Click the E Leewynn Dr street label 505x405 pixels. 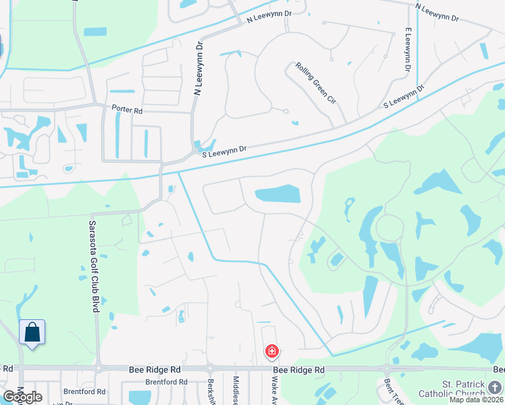[x=408, y=51]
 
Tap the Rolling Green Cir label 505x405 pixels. [x=315, y=82]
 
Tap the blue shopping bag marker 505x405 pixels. [x=32, y=332]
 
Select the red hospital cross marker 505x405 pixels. [x=271, y=352]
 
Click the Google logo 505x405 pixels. [x=22, y=397]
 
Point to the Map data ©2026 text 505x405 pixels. [x=475, y=399]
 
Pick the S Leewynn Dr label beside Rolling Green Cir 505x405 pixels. [x=404, y=97]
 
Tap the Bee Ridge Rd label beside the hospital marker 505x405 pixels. [x=298, y=370]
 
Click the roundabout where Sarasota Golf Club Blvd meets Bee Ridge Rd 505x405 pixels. [x=99, y=369]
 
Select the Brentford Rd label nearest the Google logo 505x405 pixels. [x=84, y=391]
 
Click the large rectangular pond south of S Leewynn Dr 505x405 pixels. [x=277, y=194]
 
